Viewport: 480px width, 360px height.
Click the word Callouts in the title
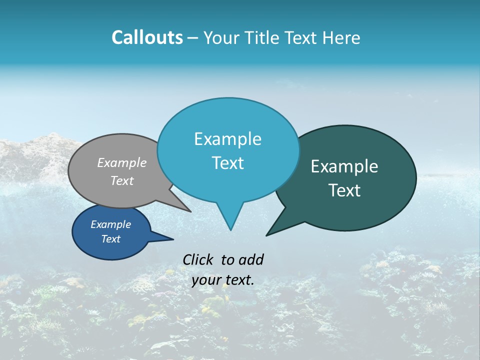[x=147, y=37]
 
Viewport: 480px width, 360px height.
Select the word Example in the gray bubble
[x=122, y=162]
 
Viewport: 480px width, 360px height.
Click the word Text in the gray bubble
[x=122, y=180]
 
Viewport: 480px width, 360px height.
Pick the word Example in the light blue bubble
[x=228, y=139]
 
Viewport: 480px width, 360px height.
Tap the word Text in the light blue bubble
[x=228, y=163]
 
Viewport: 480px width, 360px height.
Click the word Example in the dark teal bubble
[x=344, y=166]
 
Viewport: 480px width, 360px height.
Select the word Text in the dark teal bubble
[x=345, y=190]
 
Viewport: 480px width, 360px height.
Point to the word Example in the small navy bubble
[x=111, y=224]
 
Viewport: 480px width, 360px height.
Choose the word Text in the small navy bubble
[x=111, y=239]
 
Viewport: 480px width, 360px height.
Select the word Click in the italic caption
[x=197, y=259]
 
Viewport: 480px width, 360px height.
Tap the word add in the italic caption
[x=251, y=259]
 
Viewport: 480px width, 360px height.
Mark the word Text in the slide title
[x=304, y=37]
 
